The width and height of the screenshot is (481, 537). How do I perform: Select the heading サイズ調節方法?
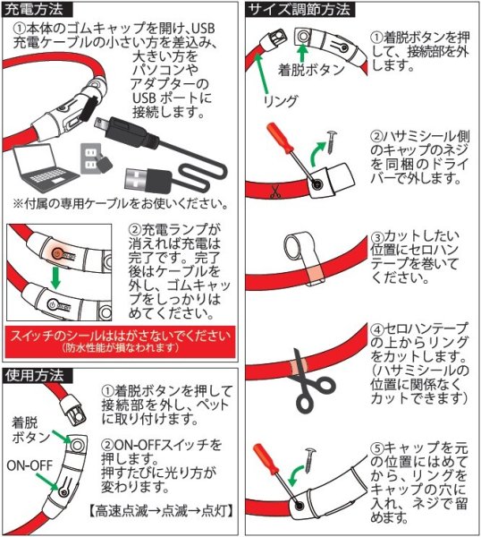[300, 12]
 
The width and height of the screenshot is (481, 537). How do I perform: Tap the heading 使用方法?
[34, 376]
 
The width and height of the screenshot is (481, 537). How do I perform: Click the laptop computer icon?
[44, 172]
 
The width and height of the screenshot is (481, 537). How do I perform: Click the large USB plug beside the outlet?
[142, 174]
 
